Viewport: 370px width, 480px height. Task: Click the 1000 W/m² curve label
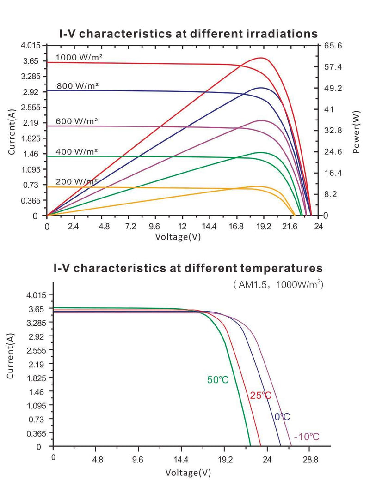79,57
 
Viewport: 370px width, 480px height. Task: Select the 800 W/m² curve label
78,85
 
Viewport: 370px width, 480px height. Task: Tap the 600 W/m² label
77,121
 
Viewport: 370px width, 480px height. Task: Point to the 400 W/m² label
77,151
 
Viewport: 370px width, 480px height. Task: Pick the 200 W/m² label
77,181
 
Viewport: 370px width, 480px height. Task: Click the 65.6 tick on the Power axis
333,46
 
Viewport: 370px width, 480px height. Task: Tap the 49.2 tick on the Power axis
333,88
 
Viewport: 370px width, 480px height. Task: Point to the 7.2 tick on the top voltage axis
130,227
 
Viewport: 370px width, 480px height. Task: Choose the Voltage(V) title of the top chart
178,237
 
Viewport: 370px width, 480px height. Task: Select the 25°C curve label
260,396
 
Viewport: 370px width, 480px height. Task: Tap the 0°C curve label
282,417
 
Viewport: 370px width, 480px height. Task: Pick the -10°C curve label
307,437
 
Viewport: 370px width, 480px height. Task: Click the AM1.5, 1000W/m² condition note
277,285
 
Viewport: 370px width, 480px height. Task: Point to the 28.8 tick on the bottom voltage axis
310,459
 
